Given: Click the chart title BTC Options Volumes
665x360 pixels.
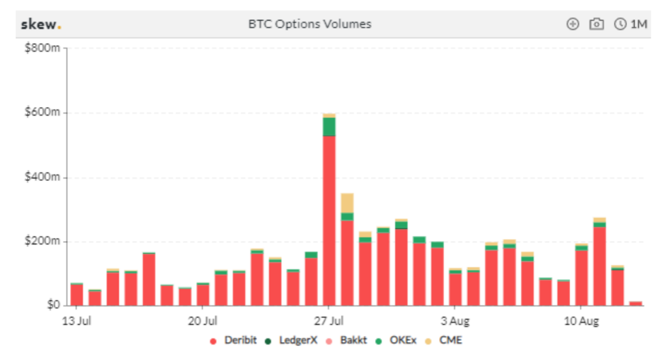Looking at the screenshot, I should [310, 25].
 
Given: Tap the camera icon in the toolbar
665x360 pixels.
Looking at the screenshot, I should [596, 25].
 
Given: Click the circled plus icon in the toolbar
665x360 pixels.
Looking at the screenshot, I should [573, 25].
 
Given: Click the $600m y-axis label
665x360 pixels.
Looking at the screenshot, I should [42, 113].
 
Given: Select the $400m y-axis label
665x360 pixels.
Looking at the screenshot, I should [42, 177].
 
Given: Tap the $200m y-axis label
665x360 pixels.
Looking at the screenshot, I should [42, 241].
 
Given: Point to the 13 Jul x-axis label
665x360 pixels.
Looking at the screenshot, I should [76, 321].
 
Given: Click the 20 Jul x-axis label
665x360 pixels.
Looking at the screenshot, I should [203, 321].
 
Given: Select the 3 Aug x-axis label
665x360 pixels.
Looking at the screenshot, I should [455, 321].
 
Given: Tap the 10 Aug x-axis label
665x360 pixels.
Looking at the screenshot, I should [582, 321].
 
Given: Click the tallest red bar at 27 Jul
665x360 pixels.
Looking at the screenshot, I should [329, 222].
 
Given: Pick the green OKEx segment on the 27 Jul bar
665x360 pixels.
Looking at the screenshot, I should [329, 126].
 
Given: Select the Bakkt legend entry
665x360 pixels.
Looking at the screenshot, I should [348, 340].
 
